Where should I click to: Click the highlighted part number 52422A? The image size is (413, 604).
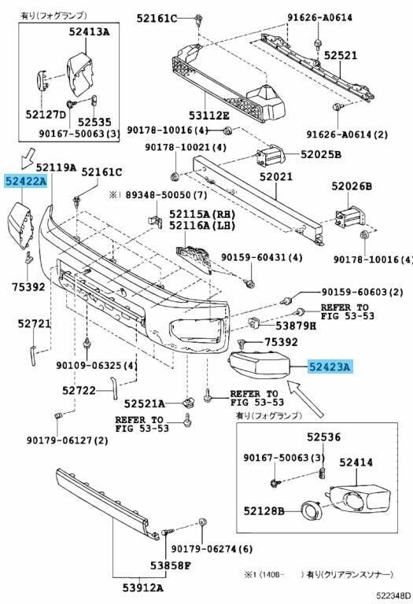[25, 182]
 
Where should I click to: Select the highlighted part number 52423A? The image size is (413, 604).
[330, 366]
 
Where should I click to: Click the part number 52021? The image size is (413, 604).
[276, 178]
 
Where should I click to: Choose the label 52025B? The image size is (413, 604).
[320, 155]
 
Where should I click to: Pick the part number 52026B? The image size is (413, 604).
[351, 186]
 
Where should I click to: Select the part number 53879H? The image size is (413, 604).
[294, 325]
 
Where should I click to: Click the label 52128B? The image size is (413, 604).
[264, 511]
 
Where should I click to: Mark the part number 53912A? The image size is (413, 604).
[142, 586]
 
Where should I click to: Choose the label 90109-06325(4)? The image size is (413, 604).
[96, 365]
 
